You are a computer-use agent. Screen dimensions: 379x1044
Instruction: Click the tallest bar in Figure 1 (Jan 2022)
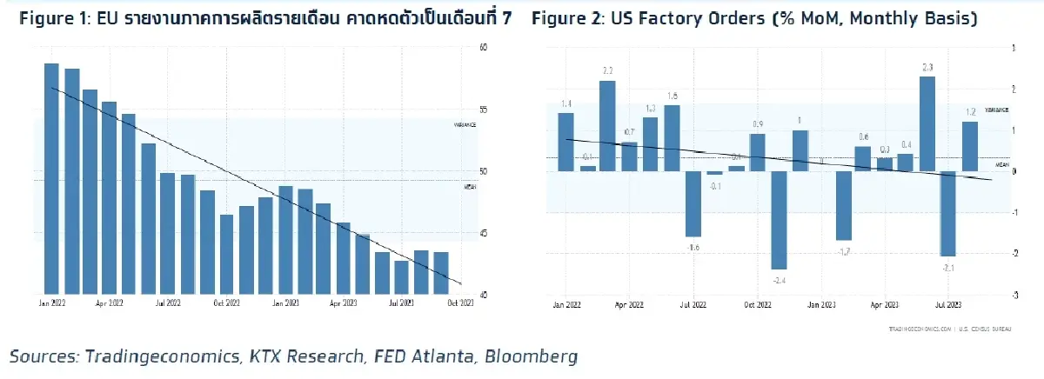[51, 178]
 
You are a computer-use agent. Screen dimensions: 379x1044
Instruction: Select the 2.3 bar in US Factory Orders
[927, 123]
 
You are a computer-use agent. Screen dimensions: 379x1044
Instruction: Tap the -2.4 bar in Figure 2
[779, 220]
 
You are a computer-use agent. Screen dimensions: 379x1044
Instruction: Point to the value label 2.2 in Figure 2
[607, 70]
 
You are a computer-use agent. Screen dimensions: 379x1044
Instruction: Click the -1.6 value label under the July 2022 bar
[693, 247]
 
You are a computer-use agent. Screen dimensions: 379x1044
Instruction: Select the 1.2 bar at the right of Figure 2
[970, 146]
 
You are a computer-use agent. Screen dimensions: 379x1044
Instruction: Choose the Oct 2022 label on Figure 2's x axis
[758, 306]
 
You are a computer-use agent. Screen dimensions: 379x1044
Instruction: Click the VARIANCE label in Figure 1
[465, 125]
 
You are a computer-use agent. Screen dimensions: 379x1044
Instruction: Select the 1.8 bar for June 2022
[672, 138]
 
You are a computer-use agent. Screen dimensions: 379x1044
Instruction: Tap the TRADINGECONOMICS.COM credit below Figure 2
[919, 329]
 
